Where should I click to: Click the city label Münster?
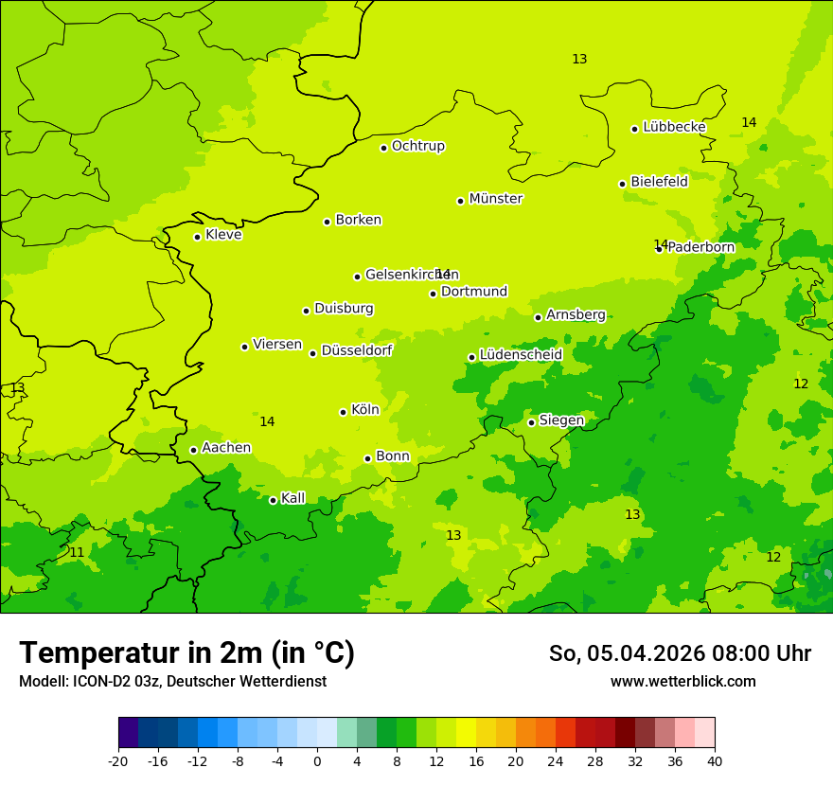coord(495,199)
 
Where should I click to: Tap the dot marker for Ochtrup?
coord(383,148)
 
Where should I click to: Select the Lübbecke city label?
coord(674,127)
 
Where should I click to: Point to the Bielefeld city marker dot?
coord(622,184)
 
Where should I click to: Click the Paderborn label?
coord(700,247)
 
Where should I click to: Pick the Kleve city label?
coord(223,235)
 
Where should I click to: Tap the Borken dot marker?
coord(327,222)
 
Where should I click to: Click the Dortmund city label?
coord(474,292)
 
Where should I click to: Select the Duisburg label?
coord(344,309)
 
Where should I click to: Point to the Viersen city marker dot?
coord(244,347)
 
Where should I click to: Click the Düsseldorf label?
coord(357,350)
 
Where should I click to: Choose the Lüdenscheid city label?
coord(521,355)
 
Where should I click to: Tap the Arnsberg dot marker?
coord(538,317)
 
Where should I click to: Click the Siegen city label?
coord(561,420)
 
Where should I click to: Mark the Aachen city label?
coord(226,448)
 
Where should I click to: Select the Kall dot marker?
coord(273,500)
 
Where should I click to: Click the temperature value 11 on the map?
coord(77,552)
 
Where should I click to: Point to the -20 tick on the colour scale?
coord(118,760)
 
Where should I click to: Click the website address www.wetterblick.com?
coord(682,682)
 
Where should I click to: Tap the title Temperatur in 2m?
coord(186,652)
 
